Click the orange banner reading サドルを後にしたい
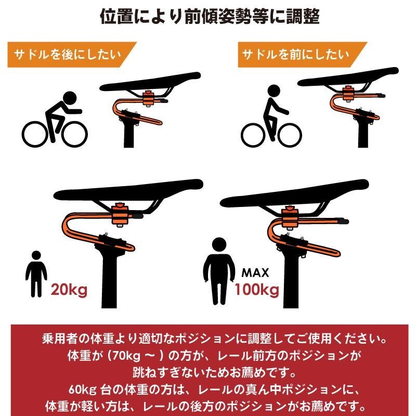(72, 55)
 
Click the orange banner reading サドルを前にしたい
(302, 55)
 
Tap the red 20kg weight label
(69, 290)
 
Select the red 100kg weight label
(257, 290)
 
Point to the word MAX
(255, 272)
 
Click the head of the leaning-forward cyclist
(70, 98)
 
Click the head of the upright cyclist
(274, 91)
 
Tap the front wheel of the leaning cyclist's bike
(74, 134)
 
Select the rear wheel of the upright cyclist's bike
(253, 135)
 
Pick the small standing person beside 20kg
(36, 274)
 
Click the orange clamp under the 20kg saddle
(120, 214)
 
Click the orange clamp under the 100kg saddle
(290, 218)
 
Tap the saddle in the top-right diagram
(348, 77)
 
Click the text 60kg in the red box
(83, 389)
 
